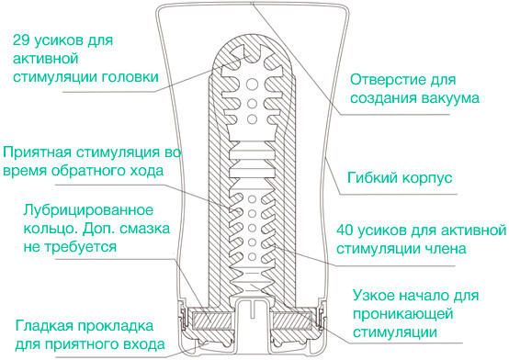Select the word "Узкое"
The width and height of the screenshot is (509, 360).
pos(378,296)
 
